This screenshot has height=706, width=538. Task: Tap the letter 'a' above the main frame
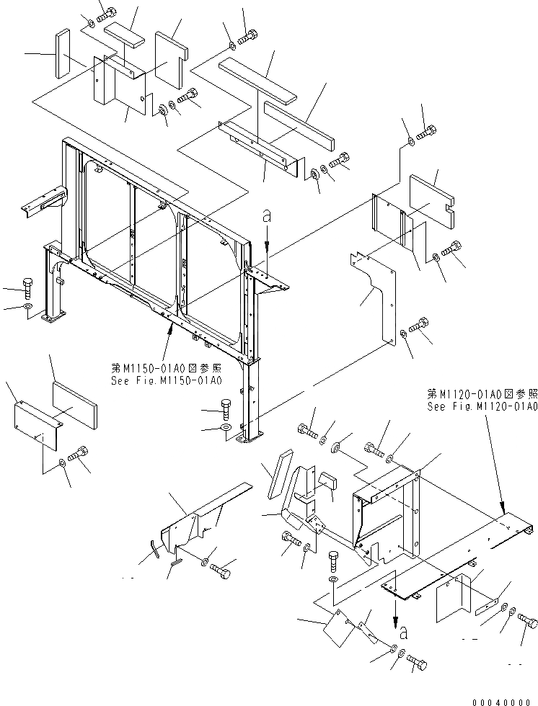coord(267,215)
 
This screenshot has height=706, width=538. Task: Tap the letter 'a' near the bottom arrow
coord(404,633)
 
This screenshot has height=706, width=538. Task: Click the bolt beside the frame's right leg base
coord(226,411)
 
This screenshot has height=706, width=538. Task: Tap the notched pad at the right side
coord(433,195)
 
